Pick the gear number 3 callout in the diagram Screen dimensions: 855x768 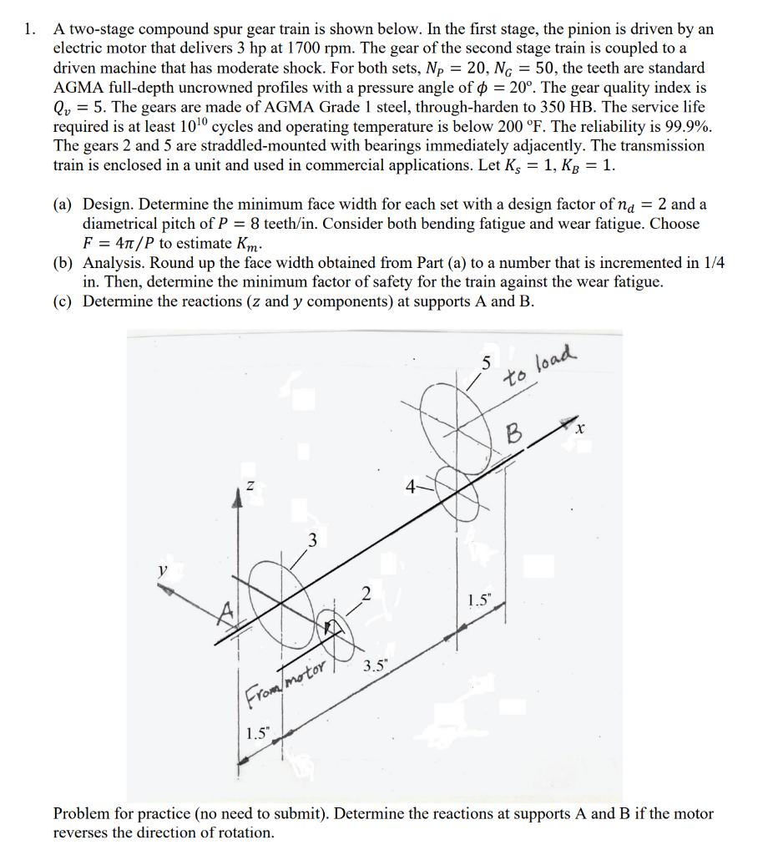point(313,539)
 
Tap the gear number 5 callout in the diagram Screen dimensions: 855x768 point(486,363)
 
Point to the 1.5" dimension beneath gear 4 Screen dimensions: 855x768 point(479,600)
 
